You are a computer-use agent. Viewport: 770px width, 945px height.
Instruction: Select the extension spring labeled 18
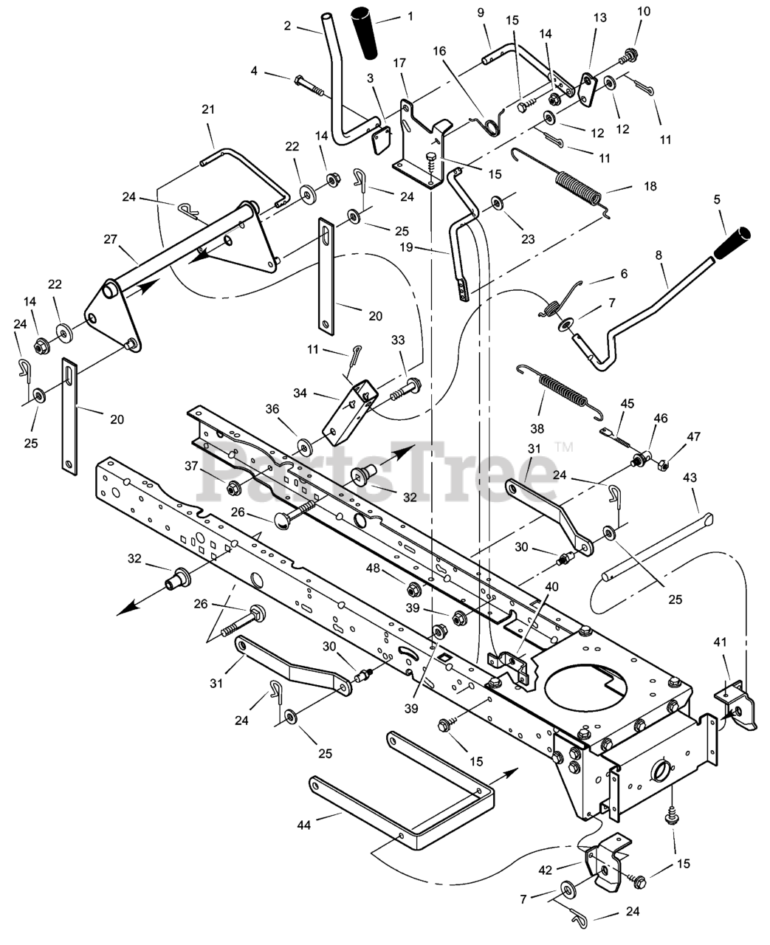[x=578, y=190]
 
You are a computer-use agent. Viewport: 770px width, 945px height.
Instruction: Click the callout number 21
[x=207, y=109]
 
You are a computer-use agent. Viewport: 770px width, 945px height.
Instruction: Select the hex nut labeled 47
[x=663, y=465]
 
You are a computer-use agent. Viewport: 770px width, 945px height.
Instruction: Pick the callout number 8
[x=659, y=255]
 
